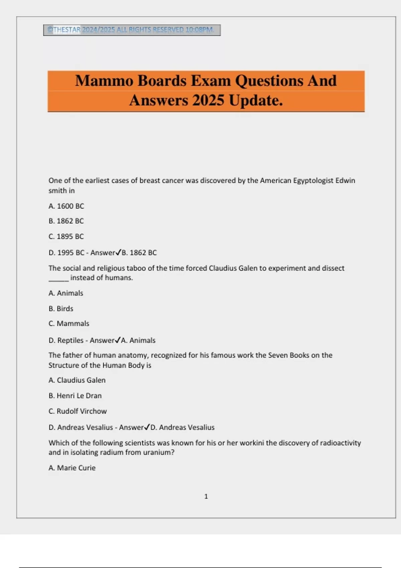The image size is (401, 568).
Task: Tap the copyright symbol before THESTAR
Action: [x=50, y=30]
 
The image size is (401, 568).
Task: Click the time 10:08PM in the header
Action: [x=199, y=30]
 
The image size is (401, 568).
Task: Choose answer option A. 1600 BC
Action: [x=66, y=206]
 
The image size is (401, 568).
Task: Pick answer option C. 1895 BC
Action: [x=66, y=237]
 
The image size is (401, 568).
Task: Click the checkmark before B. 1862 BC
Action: [x=118, y=253]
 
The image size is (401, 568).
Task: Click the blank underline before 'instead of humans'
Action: [x=58, y=278]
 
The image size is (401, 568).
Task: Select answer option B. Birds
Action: [x=61, y=309]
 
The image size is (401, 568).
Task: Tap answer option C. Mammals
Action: [x=69, y=324]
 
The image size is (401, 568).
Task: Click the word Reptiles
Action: [x=70, y=340]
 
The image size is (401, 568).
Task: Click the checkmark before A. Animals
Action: [x=118, y=340]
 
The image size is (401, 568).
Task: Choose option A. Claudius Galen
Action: [x=77, y=380]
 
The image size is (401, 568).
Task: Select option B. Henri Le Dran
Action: [x=75, y=396]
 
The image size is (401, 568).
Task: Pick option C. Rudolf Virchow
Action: [x=78, y=411]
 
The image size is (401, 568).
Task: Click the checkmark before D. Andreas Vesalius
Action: [x=147, y=427]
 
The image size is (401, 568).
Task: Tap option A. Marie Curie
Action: [x=72, y=468]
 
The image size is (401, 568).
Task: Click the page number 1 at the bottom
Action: [x=206, y=496]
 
